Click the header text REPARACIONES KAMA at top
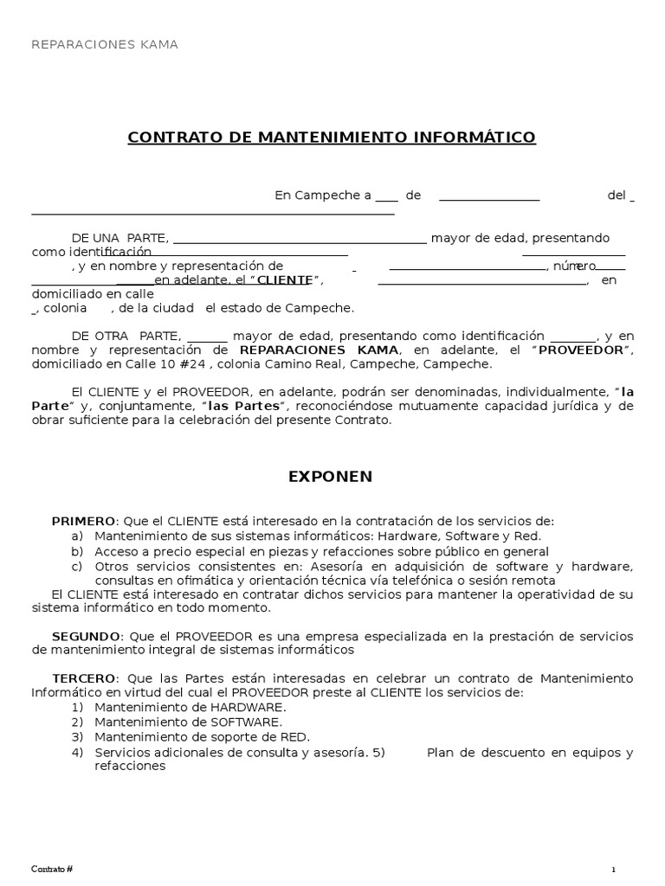click(105, 44)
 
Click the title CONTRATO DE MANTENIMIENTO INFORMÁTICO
click(332, 138)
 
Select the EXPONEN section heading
click(330, 476)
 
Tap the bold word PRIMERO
click(83, 521)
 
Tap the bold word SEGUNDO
click(86, 636)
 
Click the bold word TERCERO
click(83, 678)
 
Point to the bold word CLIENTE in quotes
click(284, 280)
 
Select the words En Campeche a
click(323, 196)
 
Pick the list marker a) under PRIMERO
click(77, 536)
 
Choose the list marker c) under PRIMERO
click(77, 566)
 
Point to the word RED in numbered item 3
click(295, 736)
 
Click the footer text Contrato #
click(53, 869)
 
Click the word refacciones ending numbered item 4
click(130, 766)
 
